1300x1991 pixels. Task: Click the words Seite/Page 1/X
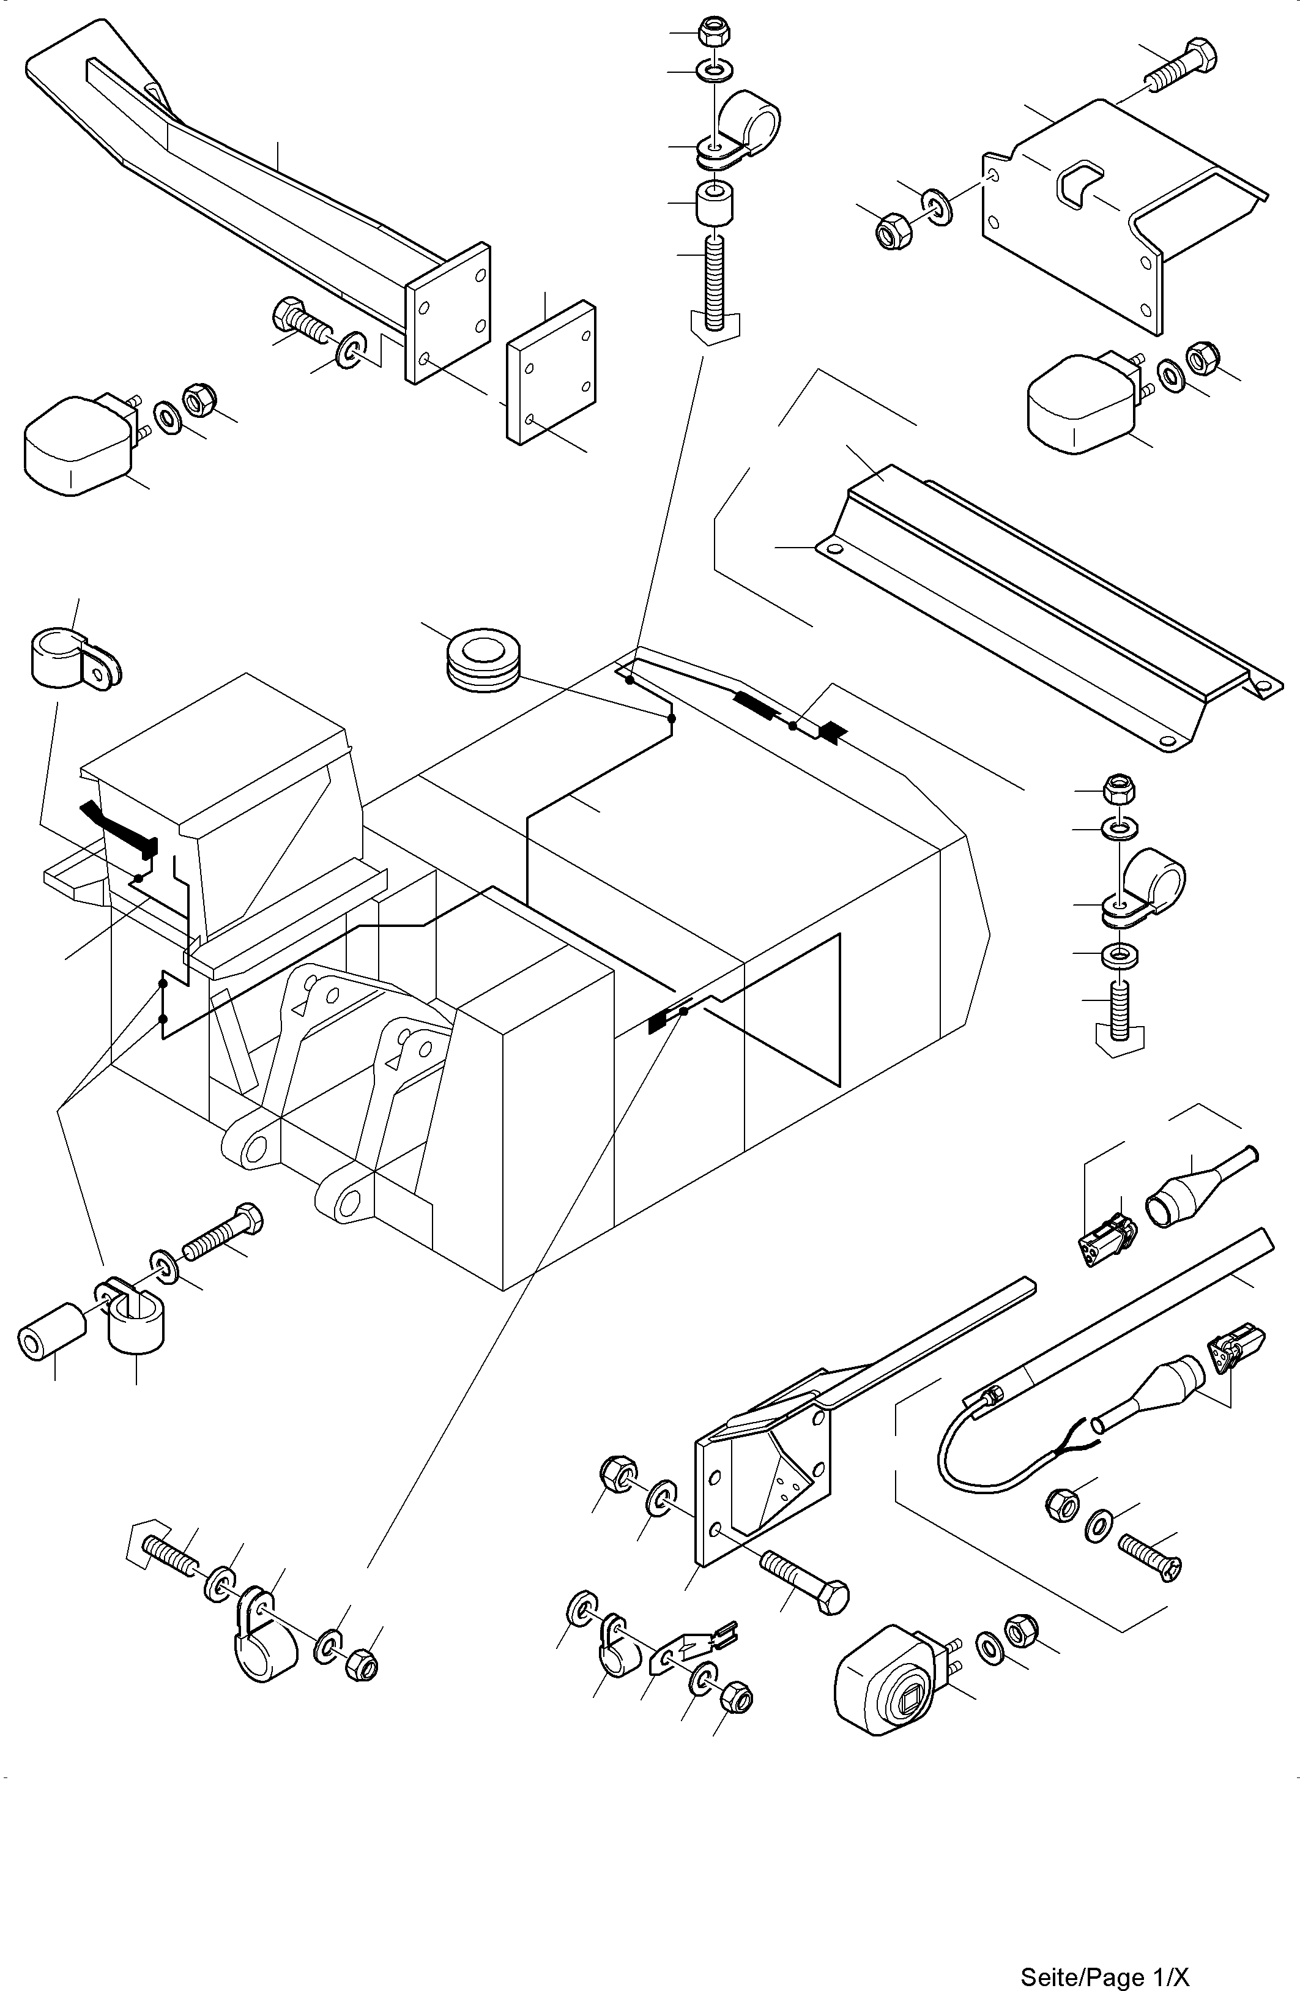(1104, 1977)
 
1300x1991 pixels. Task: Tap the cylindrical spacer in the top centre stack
(715, 203)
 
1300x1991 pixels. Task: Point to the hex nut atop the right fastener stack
(1118, 787)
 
